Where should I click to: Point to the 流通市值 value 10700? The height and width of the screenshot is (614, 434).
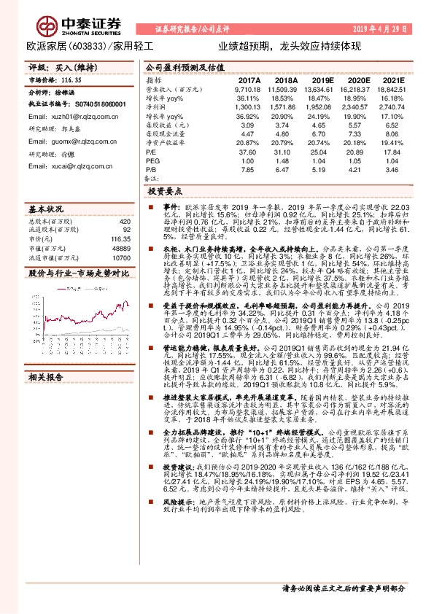[122, 258]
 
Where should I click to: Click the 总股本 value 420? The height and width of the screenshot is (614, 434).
[125, 221]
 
